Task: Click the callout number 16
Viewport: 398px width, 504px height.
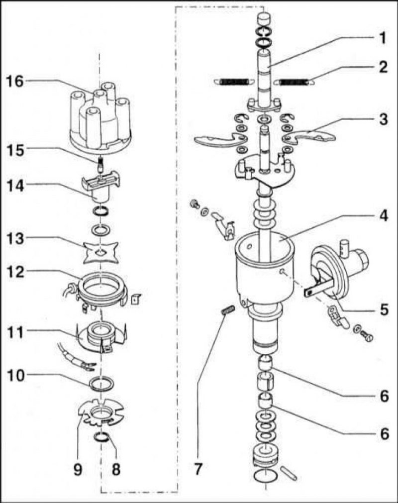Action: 15,82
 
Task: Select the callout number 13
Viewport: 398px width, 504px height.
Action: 15,239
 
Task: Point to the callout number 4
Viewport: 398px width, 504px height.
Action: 382,215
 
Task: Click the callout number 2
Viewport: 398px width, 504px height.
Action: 383,67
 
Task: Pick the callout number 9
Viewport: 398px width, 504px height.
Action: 77,470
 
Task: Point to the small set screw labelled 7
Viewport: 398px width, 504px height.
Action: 228,311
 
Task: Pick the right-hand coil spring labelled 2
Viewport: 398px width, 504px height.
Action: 295,83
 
